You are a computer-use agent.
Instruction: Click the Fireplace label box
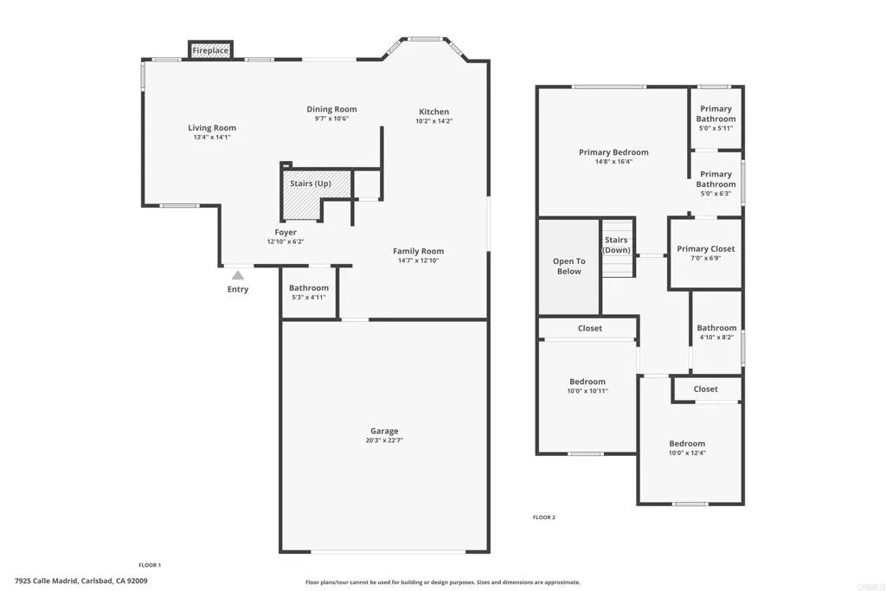click(210, 51)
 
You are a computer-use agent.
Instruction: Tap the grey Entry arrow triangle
click(237, 274)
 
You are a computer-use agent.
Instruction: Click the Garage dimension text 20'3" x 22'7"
click(384, 440)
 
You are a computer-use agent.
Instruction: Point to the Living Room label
click(212, 128)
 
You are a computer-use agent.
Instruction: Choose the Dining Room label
click(331, 109)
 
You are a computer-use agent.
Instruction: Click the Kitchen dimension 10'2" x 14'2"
click(433, 121)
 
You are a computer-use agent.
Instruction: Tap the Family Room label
click(418, 251)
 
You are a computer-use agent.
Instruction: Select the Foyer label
click(286, 232)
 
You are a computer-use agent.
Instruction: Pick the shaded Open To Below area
click(568, 267)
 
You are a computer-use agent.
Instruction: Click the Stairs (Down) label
click(616, 245)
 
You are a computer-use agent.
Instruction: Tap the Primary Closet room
click(705, 253)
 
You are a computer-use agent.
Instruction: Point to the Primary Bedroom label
click(613, 152)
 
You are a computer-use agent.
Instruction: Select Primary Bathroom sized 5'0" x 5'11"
click(716, 114)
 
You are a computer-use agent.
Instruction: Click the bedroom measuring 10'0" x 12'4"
click(687, 448)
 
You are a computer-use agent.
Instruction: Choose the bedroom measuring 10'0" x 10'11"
click(587, 386)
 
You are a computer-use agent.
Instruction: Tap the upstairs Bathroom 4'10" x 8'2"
click(716, 332)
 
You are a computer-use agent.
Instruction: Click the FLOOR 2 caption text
click(543, 517)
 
